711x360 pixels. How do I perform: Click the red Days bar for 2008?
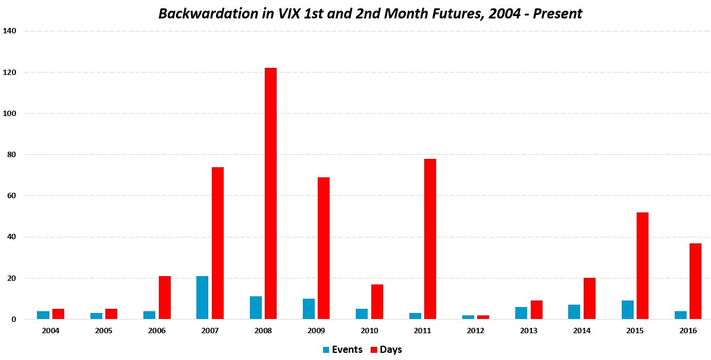271,193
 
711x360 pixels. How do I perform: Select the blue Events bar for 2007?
202,298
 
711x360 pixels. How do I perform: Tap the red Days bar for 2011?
430,239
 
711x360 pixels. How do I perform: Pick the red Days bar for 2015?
643,265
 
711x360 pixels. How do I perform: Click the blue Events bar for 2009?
309,309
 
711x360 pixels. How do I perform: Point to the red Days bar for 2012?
483,317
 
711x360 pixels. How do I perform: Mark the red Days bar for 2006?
165,298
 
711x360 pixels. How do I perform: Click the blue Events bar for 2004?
43,315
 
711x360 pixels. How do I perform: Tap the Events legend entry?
342,350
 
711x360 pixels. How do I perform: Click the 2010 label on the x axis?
369,330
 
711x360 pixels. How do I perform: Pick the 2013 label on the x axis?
529,330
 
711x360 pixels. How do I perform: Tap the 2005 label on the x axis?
104,330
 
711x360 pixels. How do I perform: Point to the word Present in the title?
557,14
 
